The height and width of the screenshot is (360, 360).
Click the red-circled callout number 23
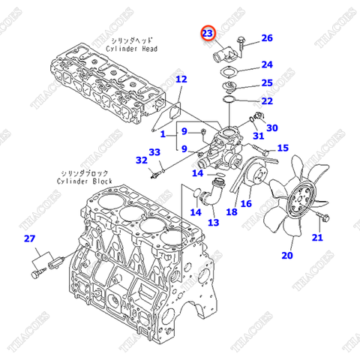207,32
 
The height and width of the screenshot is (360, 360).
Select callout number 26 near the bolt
267,38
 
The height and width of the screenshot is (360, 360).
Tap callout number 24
267,65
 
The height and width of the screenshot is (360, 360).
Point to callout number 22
267,101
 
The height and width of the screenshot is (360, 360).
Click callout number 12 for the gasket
181,79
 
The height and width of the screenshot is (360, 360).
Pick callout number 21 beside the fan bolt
317,238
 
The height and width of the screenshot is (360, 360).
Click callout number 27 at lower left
29,239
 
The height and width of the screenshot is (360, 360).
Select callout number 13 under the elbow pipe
213,223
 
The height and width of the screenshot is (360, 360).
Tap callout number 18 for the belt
232,212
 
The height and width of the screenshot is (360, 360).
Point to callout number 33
154,153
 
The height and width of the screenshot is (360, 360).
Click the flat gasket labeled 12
170,108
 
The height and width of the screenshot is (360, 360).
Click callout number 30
271,128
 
